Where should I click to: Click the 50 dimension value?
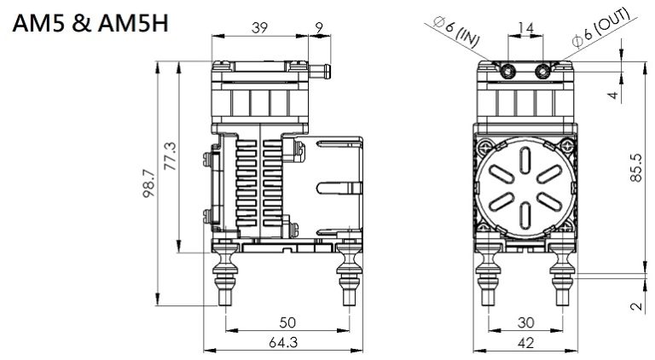(x=287, y=322)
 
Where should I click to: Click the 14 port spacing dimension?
(x=527, y=28)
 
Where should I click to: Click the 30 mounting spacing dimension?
(x=527, y=322)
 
